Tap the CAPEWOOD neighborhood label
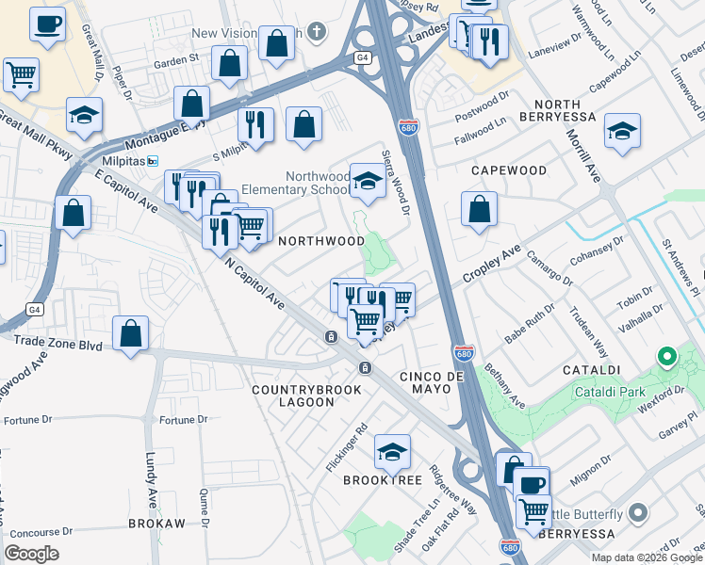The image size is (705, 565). click(x=508, y=170)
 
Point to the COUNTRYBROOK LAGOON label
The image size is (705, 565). click(x=293, y=395)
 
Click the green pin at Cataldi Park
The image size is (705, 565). click(x=667, y=357)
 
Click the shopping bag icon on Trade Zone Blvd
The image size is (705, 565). click(x=130, y=332)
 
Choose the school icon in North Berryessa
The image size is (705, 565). click(x=622, y=130)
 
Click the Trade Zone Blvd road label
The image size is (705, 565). click(x=64, y=346)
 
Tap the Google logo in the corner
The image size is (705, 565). click(x=32, y=554)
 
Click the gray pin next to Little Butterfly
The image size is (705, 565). click(x=638, y=514)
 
